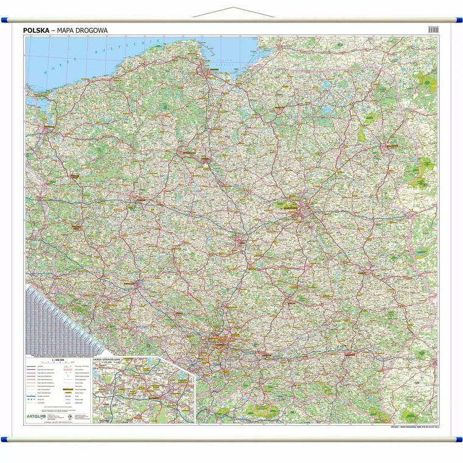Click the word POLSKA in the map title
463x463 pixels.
[x=35, y=29]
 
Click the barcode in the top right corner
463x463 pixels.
[x=433, y=29]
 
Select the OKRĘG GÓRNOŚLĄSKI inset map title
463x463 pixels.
[x=108, y=360]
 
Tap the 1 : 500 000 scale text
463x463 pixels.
[x=58, y=360]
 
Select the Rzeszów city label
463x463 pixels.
[x=349, y=353]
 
